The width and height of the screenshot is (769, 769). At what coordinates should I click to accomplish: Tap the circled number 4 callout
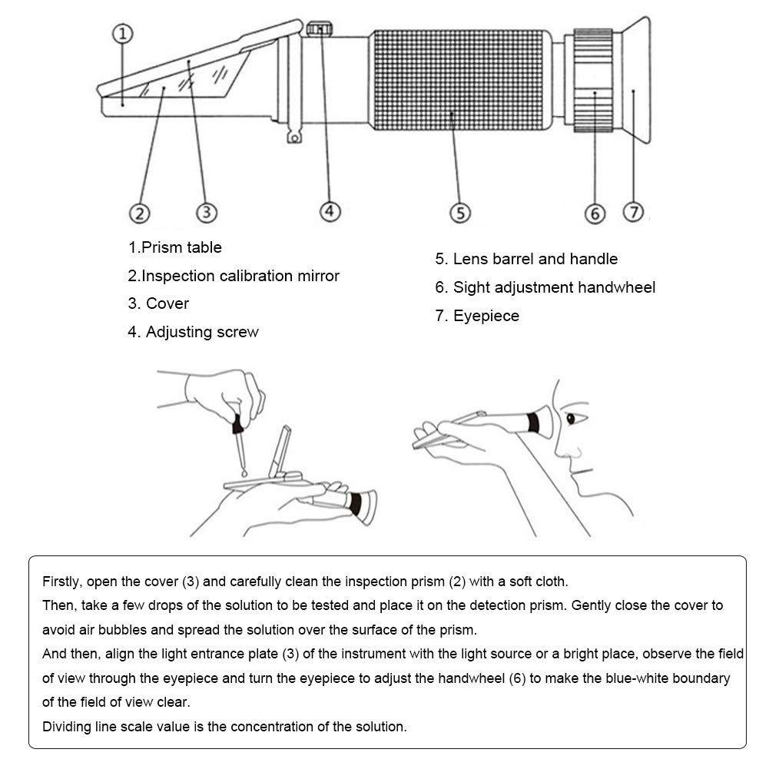330,210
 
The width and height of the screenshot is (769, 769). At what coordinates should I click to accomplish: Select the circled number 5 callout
459,212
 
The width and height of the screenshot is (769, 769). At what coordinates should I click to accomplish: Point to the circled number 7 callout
632,211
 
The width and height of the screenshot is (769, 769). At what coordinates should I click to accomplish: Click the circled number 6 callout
595,213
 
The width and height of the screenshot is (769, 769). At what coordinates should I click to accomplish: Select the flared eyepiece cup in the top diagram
636,81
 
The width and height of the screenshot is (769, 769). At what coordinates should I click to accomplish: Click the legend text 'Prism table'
175,247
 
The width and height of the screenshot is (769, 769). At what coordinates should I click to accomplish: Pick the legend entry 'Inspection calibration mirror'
234,276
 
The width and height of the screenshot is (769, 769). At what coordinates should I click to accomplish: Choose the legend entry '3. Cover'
158,303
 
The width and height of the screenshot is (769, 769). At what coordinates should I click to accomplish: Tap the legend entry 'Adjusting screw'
194,332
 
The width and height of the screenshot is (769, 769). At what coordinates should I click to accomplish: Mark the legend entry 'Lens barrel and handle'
526,259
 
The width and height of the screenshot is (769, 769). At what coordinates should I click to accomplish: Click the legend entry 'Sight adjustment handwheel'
545,287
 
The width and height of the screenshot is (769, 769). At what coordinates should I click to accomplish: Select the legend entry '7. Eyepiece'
477,316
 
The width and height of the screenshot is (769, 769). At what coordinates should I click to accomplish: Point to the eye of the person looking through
571,419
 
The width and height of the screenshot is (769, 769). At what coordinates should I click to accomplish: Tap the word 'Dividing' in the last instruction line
66,726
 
